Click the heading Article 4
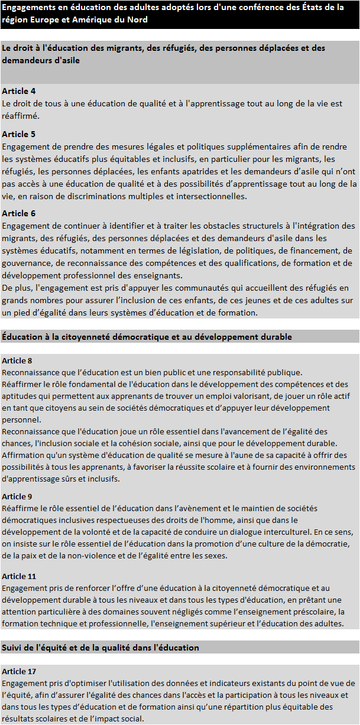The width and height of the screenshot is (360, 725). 19,91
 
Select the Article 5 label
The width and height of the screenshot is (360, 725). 19,134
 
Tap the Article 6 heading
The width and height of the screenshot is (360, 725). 19,213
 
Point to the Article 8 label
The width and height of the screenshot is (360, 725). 17,360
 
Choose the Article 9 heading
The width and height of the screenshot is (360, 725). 17,496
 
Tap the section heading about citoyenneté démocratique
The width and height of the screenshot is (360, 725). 147,336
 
